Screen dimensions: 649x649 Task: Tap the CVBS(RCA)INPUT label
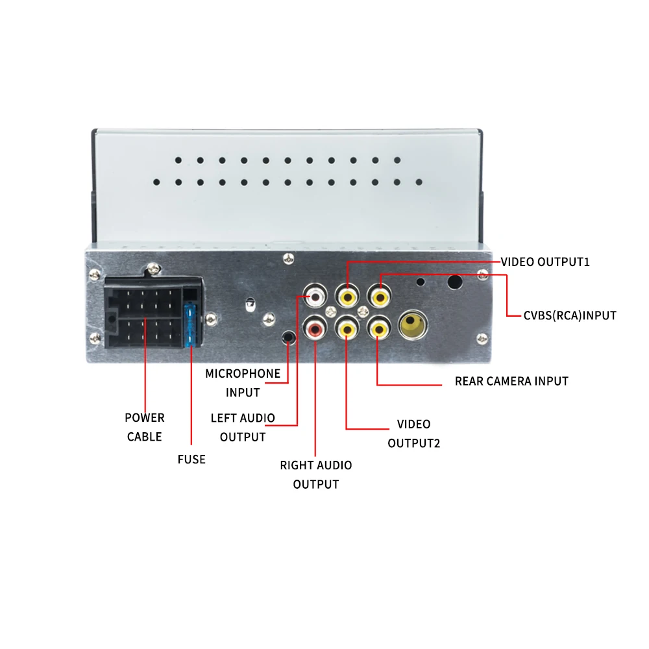569,315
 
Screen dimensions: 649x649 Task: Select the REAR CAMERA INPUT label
511,381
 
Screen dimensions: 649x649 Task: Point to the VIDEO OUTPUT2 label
414,434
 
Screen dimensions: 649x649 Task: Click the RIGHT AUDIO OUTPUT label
316,474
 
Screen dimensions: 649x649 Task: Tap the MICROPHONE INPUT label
243,382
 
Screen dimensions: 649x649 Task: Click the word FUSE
191,459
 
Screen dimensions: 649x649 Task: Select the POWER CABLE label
145,426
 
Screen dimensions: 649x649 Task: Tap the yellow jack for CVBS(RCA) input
379,297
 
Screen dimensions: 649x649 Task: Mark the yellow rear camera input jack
378,329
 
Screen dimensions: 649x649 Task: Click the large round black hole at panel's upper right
455,282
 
